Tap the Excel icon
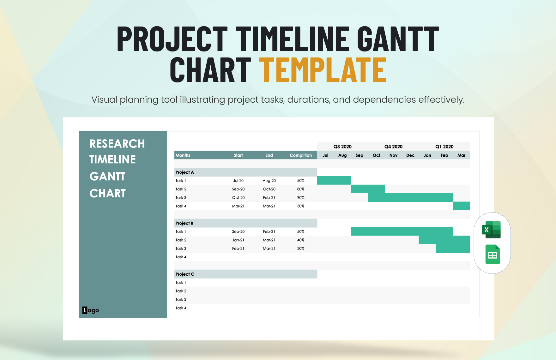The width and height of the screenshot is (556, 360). click(x=491, y=230)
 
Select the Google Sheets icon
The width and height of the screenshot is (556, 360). click(x=493, y=255)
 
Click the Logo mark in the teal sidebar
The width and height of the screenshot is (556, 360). click(x=90, y=310)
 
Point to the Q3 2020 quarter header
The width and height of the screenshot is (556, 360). click(x=342, y=147)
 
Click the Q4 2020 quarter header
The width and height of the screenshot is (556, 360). click(x=393, y=147)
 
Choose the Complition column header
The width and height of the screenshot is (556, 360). click(x=300, y=155)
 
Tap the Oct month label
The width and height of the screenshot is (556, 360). click(x=376, y=155)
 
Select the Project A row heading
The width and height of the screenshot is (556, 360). click(x=184, y=172)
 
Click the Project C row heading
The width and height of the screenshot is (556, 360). click(x=185, y=274)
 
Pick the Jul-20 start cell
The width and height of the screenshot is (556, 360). click(x=238, y=181)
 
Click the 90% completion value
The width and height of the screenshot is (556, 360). click(x=300, y=198)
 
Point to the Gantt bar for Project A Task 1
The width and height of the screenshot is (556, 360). click(x=334, y=181)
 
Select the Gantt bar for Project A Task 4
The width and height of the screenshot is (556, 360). click(x=461, y=206)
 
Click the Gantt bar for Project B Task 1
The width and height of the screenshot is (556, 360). click(x=402, y=231)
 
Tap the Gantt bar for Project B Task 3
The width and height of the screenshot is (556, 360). click(x=453, y=249)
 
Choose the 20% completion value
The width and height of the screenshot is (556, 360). click(x=300, y=249)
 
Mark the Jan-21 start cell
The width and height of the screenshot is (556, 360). click(x=238, y=240)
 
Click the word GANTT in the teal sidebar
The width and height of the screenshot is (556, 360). click(x=107, y=176)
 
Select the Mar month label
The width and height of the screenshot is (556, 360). click(x=461, y=155)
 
